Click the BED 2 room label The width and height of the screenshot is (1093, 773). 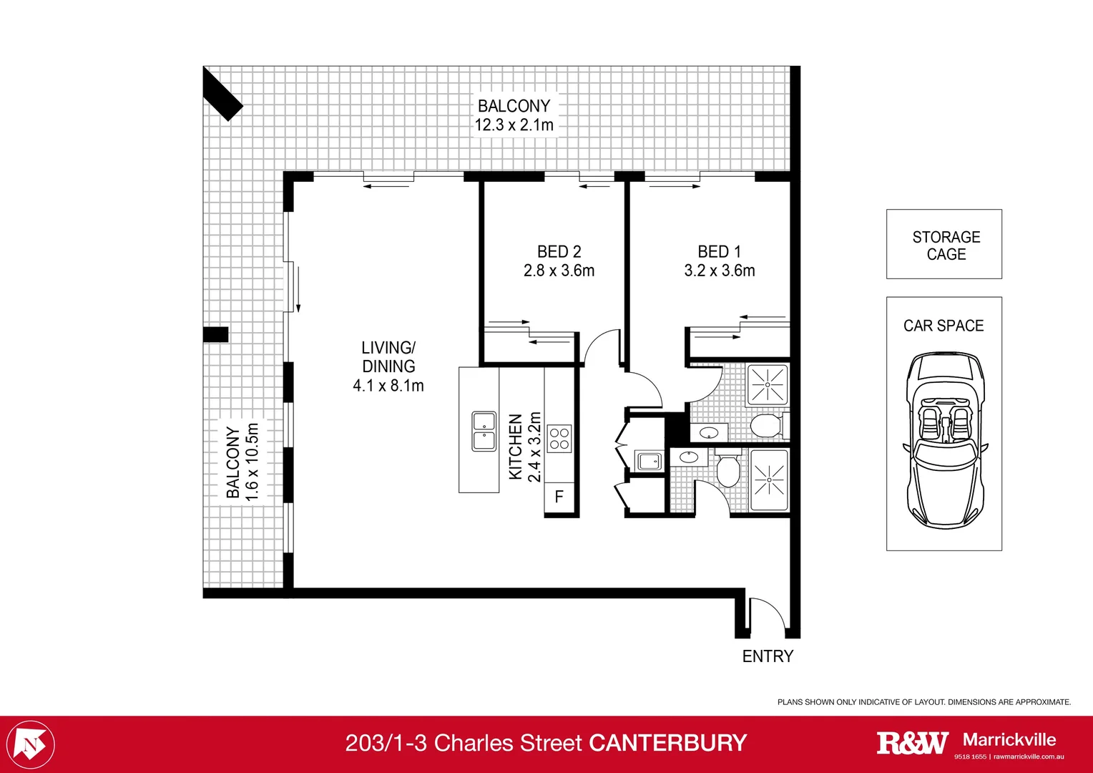559,252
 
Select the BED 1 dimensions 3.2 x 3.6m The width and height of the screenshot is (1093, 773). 719,271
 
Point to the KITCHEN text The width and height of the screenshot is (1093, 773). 515,447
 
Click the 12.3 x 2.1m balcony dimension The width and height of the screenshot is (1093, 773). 514,125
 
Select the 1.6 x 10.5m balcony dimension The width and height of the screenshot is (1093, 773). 252,462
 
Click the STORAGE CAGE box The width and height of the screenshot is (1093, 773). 943,244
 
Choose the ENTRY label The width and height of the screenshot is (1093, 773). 768,656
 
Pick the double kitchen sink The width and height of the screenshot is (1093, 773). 484,431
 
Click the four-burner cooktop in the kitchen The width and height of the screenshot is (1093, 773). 559,439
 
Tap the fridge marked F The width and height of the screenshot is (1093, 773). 559,497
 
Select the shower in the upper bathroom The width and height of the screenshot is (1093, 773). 767,384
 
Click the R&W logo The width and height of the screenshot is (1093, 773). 912,743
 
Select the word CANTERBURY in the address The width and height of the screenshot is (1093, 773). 667,743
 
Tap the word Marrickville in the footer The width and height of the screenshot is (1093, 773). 1009,739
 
